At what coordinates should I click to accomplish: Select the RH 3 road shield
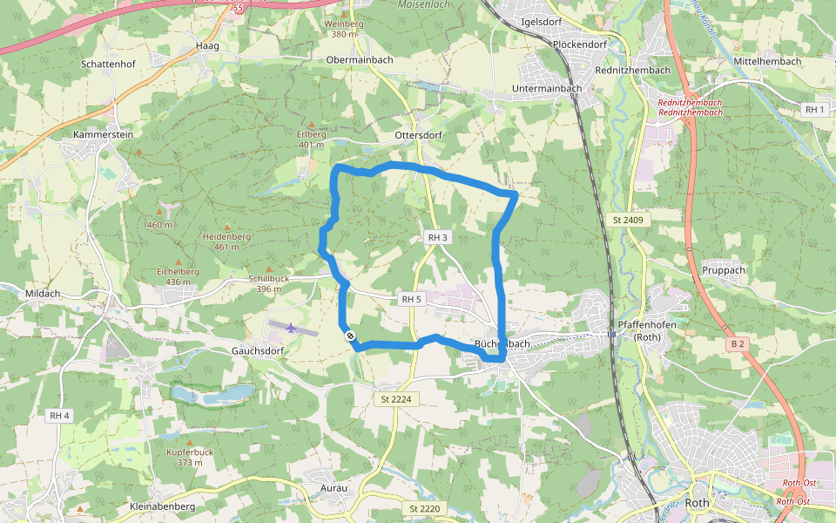tap(437, 238)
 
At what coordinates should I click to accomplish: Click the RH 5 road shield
tap(411, 299)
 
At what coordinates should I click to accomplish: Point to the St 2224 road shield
tap(395, 399)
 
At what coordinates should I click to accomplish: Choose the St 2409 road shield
tap(627, 220)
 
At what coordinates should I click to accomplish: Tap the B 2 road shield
tap(738, 343)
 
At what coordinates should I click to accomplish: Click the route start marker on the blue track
tap(350, 336)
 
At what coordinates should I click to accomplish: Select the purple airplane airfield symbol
tap(290, 327)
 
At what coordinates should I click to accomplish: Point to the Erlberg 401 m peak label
tap(311, 139)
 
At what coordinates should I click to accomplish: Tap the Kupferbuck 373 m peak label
tap(189, 458)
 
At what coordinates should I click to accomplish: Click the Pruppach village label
tap(724, 270)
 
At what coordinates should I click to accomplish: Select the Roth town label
tap(698, 503)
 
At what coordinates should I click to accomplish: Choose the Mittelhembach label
tap(766, 64)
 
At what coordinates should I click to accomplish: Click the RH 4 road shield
tap(59, 416)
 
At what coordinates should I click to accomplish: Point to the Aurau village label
tap(334, 488)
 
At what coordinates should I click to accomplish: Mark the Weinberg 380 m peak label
tap(343, 29)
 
